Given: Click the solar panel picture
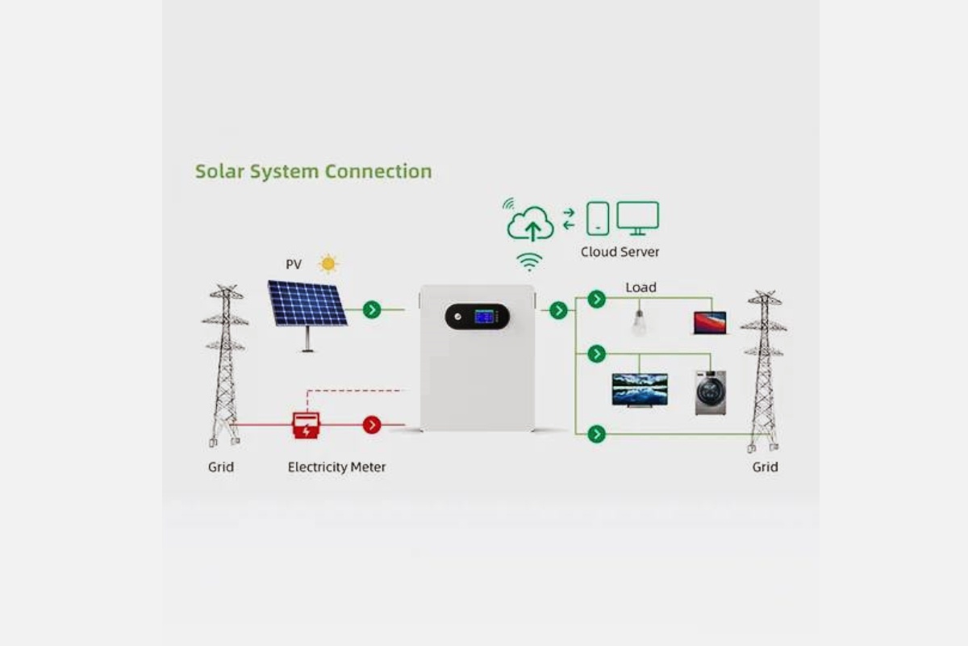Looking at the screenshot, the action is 307,315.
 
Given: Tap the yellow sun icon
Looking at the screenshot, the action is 328,263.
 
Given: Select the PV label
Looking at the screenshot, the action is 294,264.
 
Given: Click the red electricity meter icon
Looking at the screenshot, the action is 307,426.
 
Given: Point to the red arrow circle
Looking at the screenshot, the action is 372,425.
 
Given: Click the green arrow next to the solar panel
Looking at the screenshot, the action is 372,310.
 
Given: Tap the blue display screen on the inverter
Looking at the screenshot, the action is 484,317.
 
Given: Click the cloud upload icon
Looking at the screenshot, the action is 530,223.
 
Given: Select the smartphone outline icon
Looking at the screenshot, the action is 598,219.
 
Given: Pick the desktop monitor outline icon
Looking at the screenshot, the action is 637,218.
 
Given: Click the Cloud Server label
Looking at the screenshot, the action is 620,252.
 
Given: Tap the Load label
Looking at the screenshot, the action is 640,287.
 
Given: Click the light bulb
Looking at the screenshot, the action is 639,322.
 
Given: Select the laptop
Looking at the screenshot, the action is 710,323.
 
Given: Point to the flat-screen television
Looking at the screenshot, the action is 640,390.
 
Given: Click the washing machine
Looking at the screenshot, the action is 711,393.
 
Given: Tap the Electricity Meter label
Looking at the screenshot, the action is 336,467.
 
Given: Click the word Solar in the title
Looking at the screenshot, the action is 219,171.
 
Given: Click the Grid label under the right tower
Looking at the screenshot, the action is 765,467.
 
